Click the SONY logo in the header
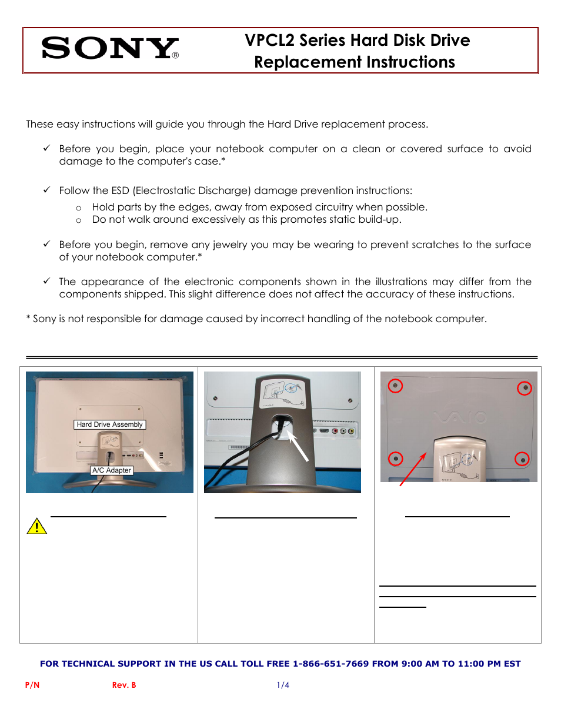(x=109, y=48)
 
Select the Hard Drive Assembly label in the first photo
(x=109, y=424)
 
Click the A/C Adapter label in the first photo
(x=111, y=470)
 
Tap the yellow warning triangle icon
(x=36, y=526)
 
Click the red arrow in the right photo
(x=413, y=469)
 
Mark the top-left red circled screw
(x=395, y=386)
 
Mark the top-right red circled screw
(x=525, y=388)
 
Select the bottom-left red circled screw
(x=396, y=459)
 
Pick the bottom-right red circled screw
(x=522, y=459)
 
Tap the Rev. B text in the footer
(x=124, y=685)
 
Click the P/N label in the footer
(x=32, y=685)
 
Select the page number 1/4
(x=283, y=685)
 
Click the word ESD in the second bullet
(x=120, y=190)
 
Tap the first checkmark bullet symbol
(x=46, y=148)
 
